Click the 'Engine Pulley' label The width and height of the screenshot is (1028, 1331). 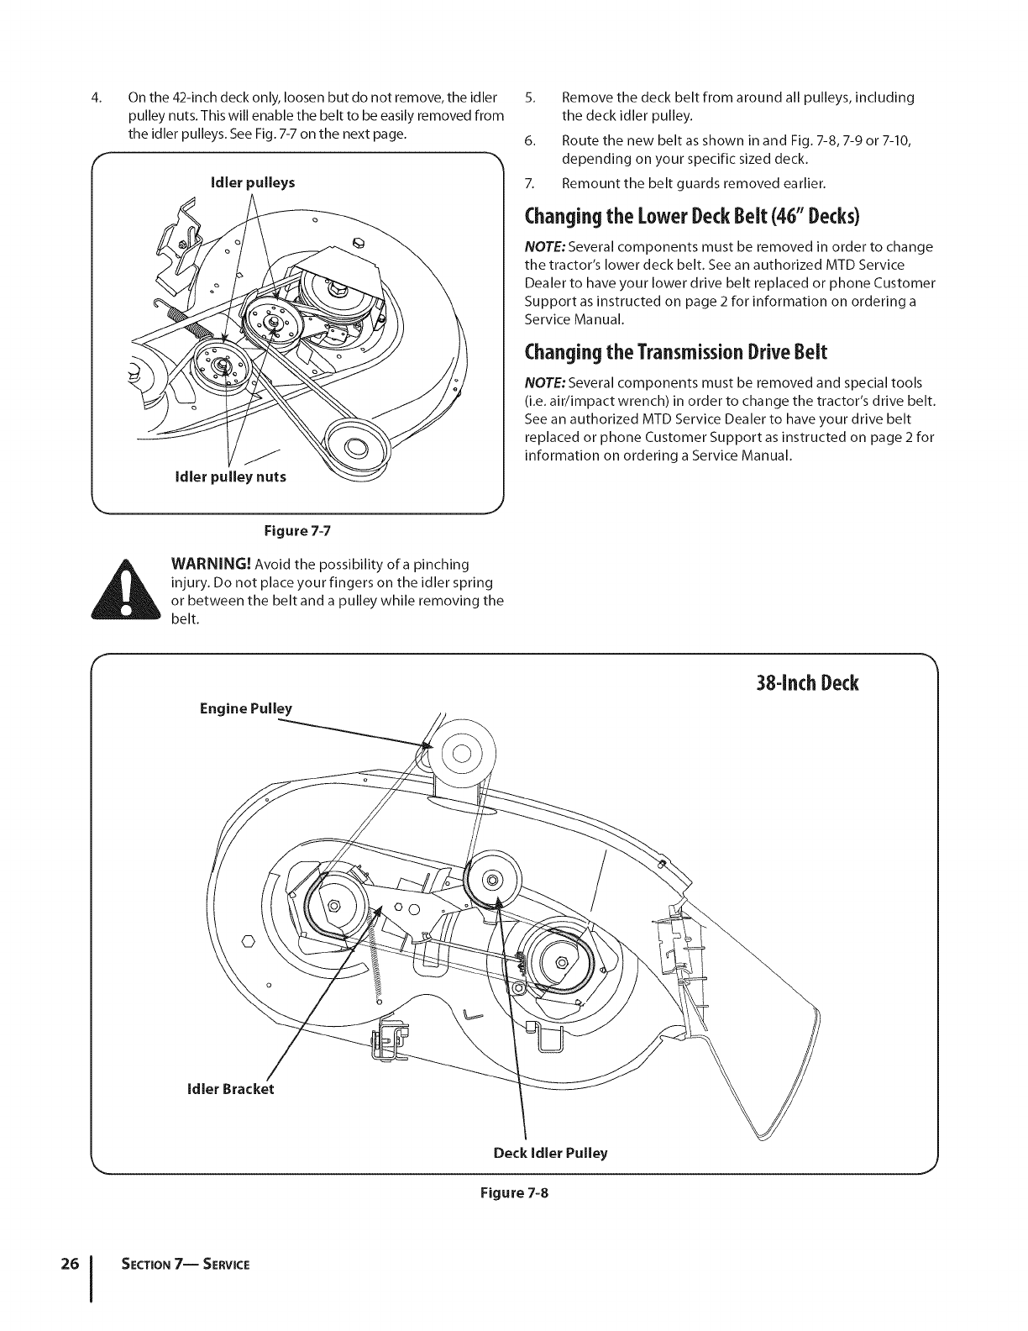[x=245, y=708]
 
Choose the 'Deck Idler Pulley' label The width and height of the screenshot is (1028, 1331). [x=550, y=1153]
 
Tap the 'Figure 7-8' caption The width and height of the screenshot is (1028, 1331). [x=514, y=1192]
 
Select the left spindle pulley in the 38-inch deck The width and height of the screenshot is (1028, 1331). [x=335, y=905]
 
